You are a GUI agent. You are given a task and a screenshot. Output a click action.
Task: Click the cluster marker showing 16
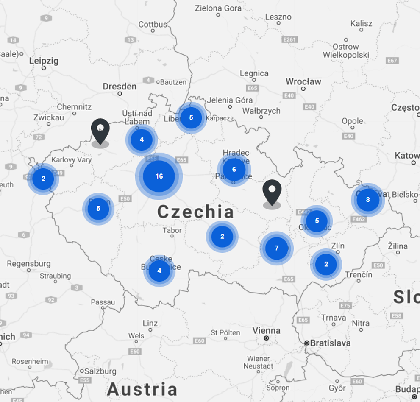click(x=159, y=176)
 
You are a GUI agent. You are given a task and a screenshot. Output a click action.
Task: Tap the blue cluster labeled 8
click(x=367, y=200)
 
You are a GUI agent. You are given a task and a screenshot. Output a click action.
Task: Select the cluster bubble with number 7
click(x=277, y=248)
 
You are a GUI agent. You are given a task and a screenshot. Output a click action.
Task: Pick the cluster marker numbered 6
click(x=234, y=170)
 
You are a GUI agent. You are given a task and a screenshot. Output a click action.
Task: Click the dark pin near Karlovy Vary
click(x=100, y=131)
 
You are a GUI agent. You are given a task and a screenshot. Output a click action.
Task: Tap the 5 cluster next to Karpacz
click(x=191, y=117)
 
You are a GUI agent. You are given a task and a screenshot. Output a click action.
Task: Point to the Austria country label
click(x=142, y=389)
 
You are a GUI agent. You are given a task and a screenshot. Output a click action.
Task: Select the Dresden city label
click(x=120, y=87)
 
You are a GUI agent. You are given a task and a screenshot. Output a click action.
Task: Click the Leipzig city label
click(x=44, y=61)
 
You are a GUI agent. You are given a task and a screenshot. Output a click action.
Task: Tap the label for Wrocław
click(x=303, y=81)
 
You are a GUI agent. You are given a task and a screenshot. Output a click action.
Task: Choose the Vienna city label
click(x=266, y=330)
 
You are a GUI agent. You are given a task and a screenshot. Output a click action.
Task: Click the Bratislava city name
click(x=330, y=343)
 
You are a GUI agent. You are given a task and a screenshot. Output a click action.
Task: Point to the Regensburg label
click(x=28, y=264)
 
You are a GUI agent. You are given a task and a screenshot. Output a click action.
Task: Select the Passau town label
click(x=103, y=302)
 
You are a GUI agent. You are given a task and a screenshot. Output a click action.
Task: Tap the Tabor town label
click(x=172, y=230)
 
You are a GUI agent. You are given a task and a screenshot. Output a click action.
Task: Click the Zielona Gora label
click(x=218, y=8)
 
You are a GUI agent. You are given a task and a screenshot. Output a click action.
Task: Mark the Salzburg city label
click(x=100, y=371)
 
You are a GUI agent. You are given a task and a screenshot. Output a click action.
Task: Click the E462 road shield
click(x=359, y=219)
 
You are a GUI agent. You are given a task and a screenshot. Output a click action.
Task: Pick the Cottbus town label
click(x=153, y=25)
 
